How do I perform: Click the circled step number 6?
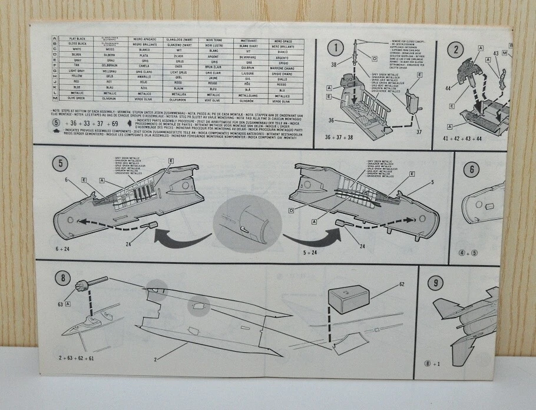[471, 170]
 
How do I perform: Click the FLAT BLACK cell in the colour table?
[78, 39]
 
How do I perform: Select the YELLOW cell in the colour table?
[77, 76]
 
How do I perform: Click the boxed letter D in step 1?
[375, 58]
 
